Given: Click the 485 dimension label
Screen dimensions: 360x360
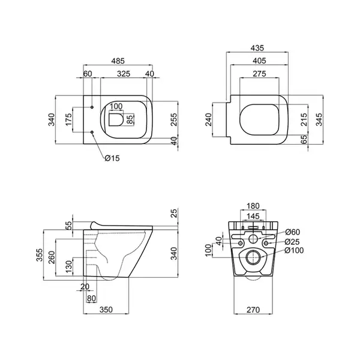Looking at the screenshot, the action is click(x=118, y=61).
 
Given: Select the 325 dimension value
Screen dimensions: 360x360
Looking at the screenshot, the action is click(x=124, y=74).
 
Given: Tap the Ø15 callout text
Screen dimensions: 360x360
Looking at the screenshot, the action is click(x=112, y=158).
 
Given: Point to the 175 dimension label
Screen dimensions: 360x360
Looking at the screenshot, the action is click(x=68, y=119).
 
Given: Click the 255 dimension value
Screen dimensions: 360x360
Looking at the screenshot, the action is click(x=174, y=119).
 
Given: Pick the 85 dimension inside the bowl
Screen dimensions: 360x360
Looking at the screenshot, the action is click(x=130, y=119).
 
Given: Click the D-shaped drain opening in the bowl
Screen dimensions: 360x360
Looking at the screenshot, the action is click(x=116, y=119).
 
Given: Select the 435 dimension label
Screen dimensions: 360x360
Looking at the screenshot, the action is click(x=257, y=48).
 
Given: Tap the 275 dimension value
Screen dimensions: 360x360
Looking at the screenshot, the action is click(x=259, y=74).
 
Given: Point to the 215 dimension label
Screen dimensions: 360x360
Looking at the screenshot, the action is click(x=304, y=119).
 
